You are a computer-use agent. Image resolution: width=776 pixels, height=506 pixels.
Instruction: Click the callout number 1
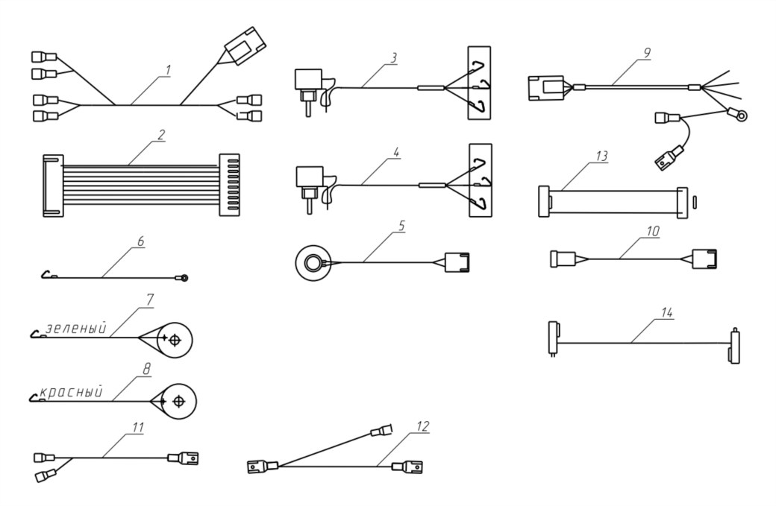point(168,70)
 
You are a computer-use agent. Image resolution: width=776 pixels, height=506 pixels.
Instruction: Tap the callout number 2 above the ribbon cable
point(161,135)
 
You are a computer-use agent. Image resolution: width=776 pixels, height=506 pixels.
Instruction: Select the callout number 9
point(648,53)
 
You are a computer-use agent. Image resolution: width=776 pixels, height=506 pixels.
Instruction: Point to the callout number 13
point(601,156)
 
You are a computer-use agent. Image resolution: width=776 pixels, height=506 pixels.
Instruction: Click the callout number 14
point(666,313)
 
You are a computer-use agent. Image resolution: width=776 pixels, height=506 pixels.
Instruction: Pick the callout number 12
point(423,426)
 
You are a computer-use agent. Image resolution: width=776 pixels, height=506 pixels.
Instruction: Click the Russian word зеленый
point(76,328)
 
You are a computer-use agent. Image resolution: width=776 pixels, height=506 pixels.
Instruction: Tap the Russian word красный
point(72,392)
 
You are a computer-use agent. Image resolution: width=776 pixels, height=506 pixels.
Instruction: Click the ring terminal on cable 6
point(184,279)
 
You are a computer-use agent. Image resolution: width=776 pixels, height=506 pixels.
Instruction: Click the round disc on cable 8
point(178,401)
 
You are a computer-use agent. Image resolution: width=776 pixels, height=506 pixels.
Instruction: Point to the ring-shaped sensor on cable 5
point(313,263)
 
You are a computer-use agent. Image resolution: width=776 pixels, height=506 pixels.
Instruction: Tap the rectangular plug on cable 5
point(457,262)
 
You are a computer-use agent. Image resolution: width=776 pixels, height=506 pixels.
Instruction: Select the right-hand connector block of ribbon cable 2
point(229,185)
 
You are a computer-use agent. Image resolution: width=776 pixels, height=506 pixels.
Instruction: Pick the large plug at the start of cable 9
point(546,88)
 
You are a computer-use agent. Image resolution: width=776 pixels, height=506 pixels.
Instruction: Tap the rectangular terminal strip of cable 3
point(480,83)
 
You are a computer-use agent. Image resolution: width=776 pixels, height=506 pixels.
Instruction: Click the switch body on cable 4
point(309,177)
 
